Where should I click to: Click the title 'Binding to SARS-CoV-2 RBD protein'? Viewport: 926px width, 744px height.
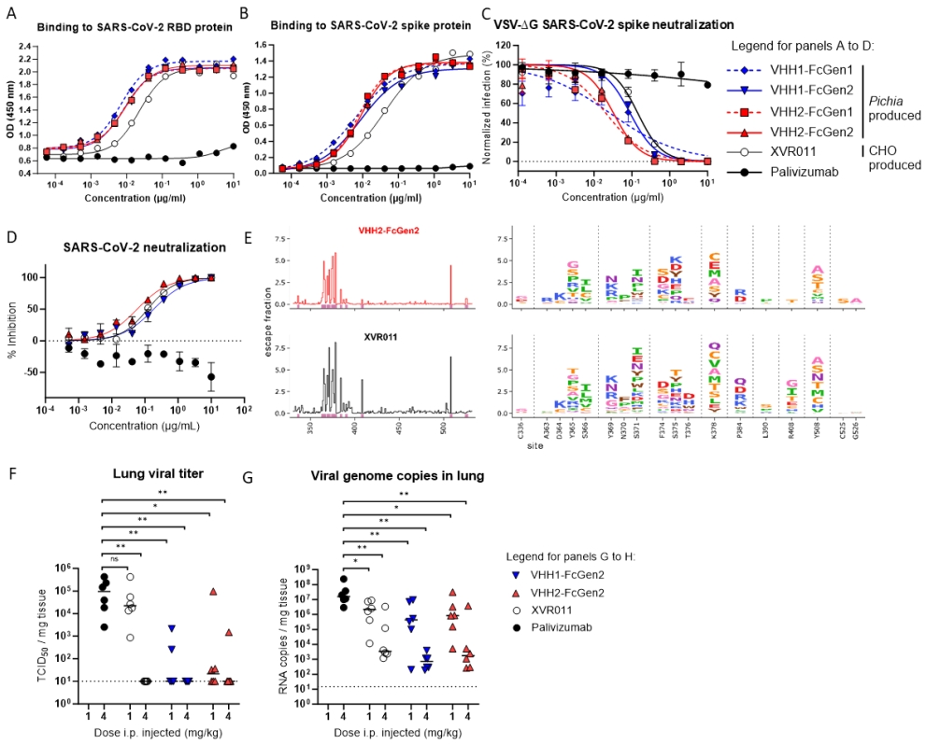tap(133, 27)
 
